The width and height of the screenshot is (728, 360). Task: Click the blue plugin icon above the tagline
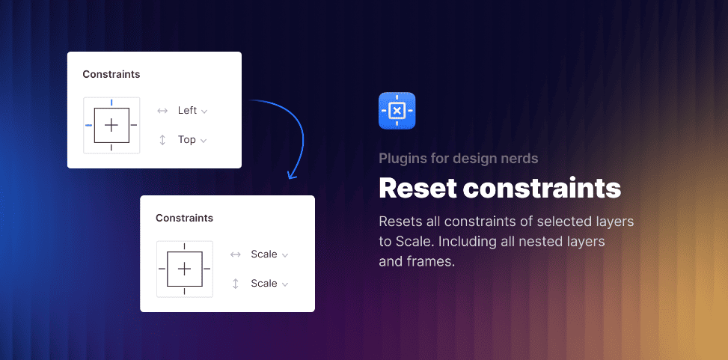(x=397, y=111)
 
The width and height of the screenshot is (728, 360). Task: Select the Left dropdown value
(x=187, y=111)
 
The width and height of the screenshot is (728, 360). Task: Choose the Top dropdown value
(x=186, y=140)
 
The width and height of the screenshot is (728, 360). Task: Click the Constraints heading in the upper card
(x=111, y=74)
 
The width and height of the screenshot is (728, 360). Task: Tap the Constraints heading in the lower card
(x=184, y=218)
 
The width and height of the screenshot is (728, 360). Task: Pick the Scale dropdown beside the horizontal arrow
(x=264, y=254)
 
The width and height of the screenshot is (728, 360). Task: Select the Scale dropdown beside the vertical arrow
(x=264, y=284)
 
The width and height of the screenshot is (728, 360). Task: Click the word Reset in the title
(x=417, y=188)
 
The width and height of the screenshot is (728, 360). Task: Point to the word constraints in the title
(x=542, y=188)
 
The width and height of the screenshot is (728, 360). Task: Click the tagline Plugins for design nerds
(x=458, y=158)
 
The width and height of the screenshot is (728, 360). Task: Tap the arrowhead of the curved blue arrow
(x=293, y=175)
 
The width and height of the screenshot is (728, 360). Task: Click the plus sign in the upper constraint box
(x=111, y=125)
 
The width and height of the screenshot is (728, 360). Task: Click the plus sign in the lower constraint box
(x=185, y=269)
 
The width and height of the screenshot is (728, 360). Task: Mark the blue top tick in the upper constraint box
(x=111, y=102)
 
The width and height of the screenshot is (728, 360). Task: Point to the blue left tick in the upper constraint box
(x=88, y=125)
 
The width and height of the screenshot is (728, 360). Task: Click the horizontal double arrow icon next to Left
(x=162, y=111)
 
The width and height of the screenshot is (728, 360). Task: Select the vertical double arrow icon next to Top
(x=162, y=140)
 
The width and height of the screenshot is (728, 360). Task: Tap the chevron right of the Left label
(x=204, y=112)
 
